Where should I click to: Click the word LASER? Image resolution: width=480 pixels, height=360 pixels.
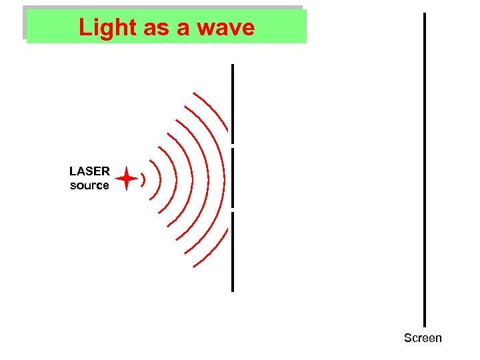coord(89,171)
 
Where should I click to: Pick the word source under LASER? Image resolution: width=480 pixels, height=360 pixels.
coord(89,185)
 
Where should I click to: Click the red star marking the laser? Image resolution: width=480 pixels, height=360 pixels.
coord(126,179)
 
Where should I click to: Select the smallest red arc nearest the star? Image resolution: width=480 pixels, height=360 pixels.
coord(143,179)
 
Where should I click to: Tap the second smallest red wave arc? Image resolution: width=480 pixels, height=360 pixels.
coord(157,179)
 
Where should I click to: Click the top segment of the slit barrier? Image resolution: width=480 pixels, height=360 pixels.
coord(233,103)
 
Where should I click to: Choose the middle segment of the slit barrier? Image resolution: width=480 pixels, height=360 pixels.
coord(233,178)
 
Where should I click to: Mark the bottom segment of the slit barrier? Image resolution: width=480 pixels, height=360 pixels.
coord(233,251)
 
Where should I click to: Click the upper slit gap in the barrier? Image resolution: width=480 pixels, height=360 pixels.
coord(233,145)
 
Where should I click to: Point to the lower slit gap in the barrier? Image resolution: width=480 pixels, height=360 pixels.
coord(233,209)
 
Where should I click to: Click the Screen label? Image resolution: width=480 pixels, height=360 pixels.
coord(423,338)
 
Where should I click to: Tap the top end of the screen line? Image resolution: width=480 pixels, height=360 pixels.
coord(424,15)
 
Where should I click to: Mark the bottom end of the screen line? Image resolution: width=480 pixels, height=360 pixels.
coord(424,325)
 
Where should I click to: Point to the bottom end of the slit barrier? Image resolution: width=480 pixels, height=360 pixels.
coord(233,290)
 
